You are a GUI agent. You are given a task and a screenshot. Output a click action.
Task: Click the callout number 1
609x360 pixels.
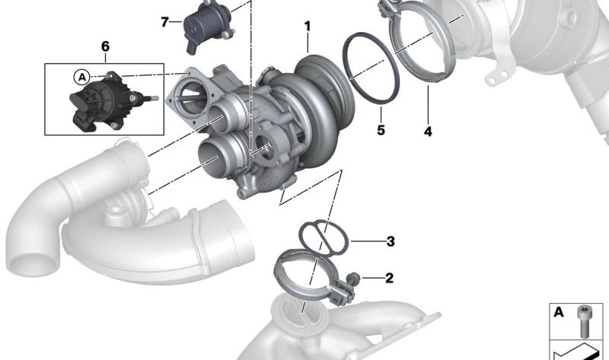[x=308, y=27]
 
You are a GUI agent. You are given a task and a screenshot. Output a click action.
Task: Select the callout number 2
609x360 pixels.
[x=389, y=278]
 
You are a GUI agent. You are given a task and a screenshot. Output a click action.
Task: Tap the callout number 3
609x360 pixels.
[x=391, y=241]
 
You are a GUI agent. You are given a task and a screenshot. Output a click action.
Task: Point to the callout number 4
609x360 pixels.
[x=428, y=132]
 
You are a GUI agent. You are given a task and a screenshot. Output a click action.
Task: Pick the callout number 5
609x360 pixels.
[x=381, y=130]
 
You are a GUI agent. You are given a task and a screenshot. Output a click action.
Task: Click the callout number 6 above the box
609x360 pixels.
[x=105, y=46]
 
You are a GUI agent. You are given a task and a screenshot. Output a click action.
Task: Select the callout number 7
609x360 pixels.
[x=164, y=22]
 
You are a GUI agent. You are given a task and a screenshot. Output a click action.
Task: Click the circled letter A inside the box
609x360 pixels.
[x=82, y=78]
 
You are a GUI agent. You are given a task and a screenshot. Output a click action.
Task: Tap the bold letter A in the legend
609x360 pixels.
[x=559, y=312]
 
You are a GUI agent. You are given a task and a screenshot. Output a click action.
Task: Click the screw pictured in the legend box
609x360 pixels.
[x=583, y=320]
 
